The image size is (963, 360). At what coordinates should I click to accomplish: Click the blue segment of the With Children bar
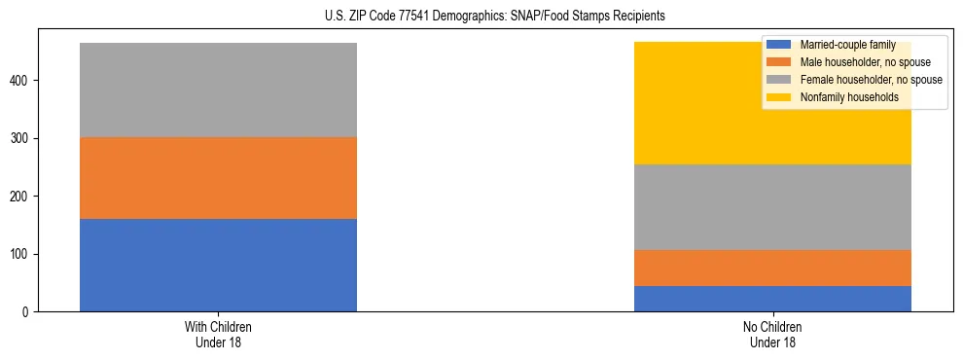[x=218, y=265]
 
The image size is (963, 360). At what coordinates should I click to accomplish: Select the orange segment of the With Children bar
[x=218, y=178]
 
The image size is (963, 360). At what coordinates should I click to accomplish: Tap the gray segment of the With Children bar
[x=218, y=90]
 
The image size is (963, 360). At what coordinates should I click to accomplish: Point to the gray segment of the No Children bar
[x=772, y=207]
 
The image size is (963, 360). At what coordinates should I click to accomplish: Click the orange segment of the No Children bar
[x=772, y=268]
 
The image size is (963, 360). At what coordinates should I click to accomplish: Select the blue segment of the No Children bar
[x=772, y=299]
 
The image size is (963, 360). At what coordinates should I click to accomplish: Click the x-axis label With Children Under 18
[x=218, y=335]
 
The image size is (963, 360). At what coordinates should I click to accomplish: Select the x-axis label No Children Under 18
[x=772, y=335]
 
